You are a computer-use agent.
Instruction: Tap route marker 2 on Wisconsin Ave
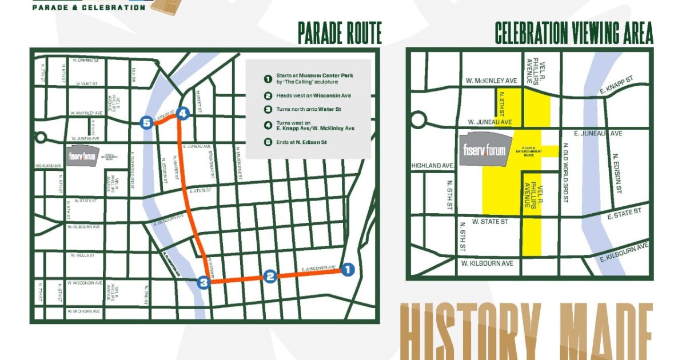tap(270, 277)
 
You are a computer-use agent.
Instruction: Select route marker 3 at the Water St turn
tap(204, 282)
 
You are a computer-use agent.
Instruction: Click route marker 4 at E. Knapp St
tap(182, 114)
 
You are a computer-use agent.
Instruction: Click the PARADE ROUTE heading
tap(339, 34)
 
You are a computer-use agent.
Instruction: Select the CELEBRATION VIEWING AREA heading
tap(573, 34)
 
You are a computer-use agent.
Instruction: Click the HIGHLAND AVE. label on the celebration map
tap(433, 166)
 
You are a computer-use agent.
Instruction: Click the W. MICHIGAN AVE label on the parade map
tap(83, 311)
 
